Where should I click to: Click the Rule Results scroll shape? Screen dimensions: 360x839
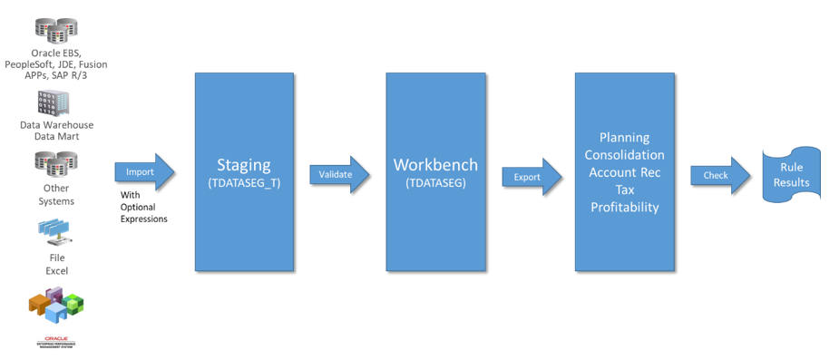[x=791, y=175]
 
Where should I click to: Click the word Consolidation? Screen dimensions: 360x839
[x=624, y=155]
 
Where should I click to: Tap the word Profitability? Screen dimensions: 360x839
[x=624, y=207]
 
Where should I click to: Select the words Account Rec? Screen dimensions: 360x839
[x=624, y=172]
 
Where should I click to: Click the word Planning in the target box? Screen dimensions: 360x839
[x=624, y=138]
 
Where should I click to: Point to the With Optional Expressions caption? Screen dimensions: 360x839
[x=143, y=207]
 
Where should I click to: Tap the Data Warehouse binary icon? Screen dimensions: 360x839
[x=53, y=103]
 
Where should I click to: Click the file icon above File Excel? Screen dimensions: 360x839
[x=56, y=233]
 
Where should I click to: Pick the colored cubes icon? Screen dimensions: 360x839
[x=56, y=305]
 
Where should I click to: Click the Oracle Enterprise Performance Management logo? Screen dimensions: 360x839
[x=56, y=343]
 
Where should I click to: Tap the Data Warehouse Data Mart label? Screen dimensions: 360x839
[x=56, y=131]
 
